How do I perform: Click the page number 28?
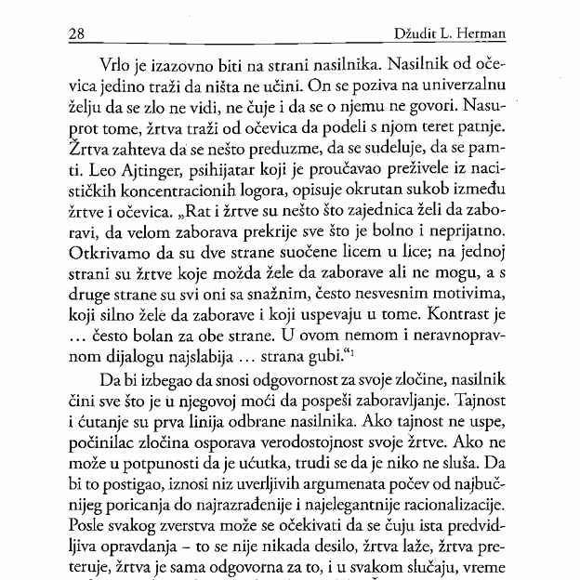point(77,33)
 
